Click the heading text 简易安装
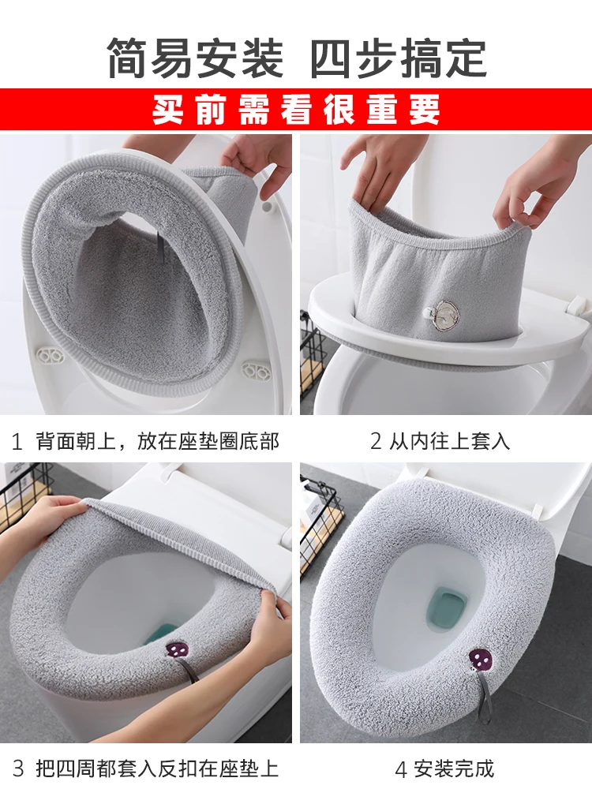pyautogui.click(x=194, y=57)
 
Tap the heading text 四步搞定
pyautogui.click(x=399, y=57)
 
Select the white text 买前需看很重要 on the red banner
pyautogui.click(x=296, y=110)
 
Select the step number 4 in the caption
pyautogui.click(x=401, y=767)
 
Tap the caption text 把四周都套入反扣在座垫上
pyautogui.click(x=157, y=767)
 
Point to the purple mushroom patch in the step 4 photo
pyautogui.click(x=481, y=658)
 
